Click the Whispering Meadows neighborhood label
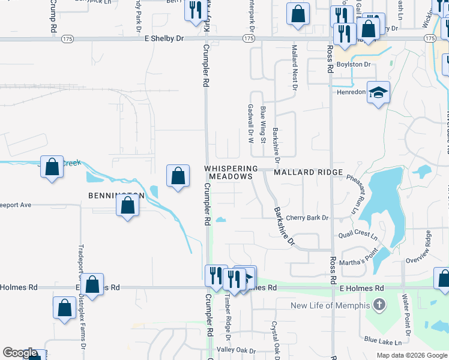coord(231,173)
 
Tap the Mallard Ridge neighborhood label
coord(308,172)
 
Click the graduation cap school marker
coord(378,92)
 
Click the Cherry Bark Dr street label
coord(307,218)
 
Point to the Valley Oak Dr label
coord(236,350)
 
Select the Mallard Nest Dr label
coord(294,67)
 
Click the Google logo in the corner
coord(20,353)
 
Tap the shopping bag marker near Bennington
coord(128,206)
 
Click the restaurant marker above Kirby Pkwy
coord(195,10)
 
